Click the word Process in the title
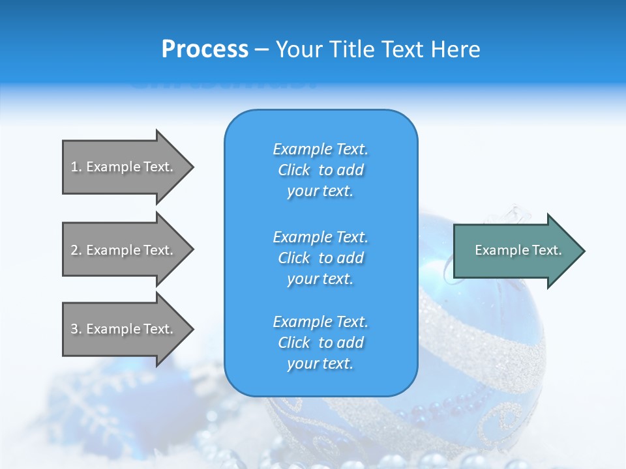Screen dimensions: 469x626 tap(205, 50)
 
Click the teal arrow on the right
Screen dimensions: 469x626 tap(515, 251)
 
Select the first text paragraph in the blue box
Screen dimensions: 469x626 tap(320, 170)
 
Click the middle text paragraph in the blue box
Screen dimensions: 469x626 tap(320, 258)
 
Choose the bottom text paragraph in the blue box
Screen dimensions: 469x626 tap(320, 343)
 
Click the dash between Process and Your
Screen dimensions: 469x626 tap(262, 50)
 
